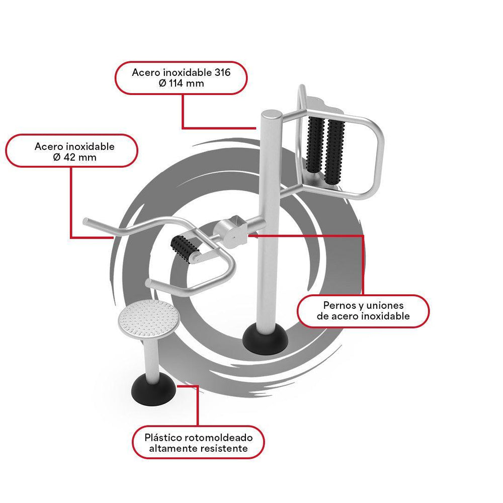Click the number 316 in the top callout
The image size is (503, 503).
pyautogui.click(x=221, y=72)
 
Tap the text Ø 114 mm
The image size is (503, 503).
pyautogui.click(x=181, y=83)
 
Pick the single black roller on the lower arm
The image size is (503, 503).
pyautogui.click(x=185, y=248)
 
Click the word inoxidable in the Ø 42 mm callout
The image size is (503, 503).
pyautogui.click(x=90, y=146)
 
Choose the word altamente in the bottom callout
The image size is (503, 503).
pyautogui.click(x=174, y=448)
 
